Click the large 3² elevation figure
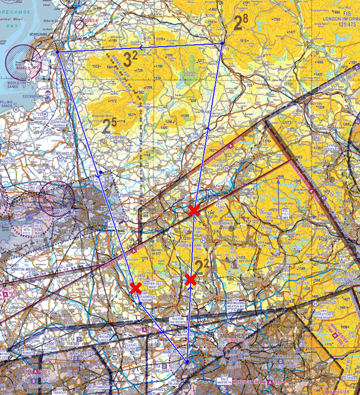tap(130, 59)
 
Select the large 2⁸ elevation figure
tap(240, 23)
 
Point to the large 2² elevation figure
tap(202, 264)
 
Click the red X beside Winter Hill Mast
tap(136, 288)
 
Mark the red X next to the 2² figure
tap(191, 279)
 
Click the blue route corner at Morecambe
tap(57, 52)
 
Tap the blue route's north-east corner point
tap(222, 43)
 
